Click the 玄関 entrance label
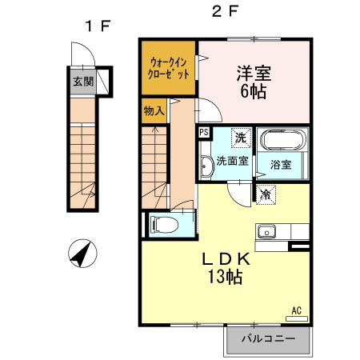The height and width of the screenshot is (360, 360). (x=82, y=81)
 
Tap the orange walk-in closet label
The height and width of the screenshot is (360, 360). (x=169, y=66)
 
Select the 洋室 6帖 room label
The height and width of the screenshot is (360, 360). (x=253, y=81)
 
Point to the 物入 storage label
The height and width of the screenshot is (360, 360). (x=154, y=110)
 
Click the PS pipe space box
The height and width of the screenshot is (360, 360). (x=204, y=133)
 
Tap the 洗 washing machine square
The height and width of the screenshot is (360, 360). (x=241, y=137)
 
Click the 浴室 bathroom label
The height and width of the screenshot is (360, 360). (x=281, y=165)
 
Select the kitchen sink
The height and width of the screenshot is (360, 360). (x=266, y=232)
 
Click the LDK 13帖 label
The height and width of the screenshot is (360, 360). (x=226, y=266)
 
